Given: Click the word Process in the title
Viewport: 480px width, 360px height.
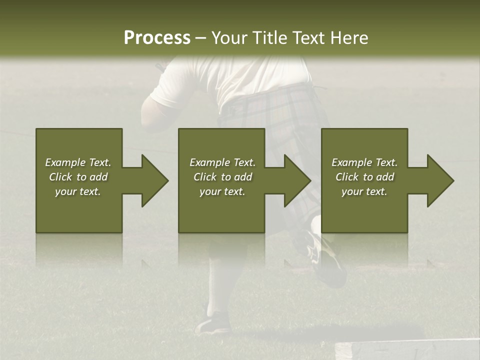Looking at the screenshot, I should coord(157,37).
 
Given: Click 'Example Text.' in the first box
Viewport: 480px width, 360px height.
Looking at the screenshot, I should coord(78,162).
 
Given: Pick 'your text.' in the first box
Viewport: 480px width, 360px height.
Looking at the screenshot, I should coord(78,191).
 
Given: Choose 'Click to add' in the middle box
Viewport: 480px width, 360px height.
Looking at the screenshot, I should coord(222,177).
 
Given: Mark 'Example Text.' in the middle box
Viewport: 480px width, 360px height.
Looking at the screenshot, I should coord(222,162).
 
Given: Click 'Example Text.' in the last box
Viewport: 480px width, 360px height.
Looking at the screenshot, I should coord(364,162).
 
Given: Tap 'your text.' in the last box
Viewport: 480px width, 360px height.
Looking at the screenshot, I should coord(364,191).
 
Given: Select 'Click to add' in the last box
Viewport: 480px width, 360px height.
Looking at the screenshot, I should coord(364,177).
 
